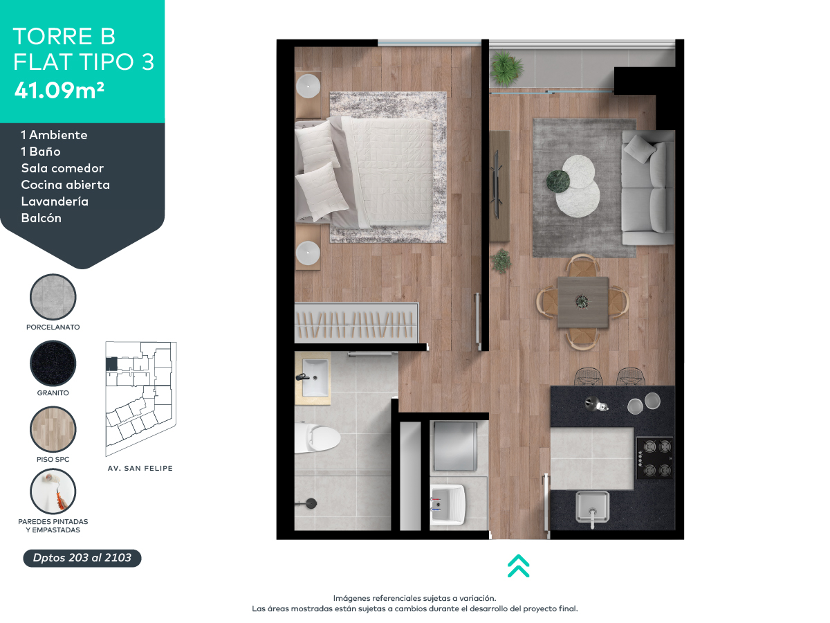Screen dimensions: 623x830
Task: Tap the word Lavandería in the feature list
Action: tap(55, 201)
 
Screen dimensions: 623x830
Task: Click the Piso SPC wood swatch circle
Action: tap(53, 430)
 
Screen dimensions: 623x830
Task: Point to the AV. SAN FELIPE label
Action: tap(140, 469)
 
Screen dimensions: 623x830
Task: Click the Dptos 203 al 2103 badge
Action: tap(82, 558)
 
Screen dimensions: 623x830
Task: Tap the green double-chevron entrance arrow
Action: tap(518, 566)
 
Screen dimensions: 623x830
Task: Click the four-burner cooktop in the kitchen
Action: tap(654, 458)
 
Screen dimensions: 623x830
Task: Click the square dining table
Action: tap(583, 302)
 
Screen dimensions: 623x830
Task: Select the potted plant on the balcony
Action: tap(506, 68)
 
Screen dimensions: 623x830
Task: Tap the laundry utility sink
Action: tap(449, 503)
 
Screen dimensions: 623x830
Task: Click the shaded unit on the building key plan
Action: tap(111, 364)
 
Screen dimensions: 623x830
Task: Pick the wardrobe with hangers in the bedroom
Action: tap(357, 323)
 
